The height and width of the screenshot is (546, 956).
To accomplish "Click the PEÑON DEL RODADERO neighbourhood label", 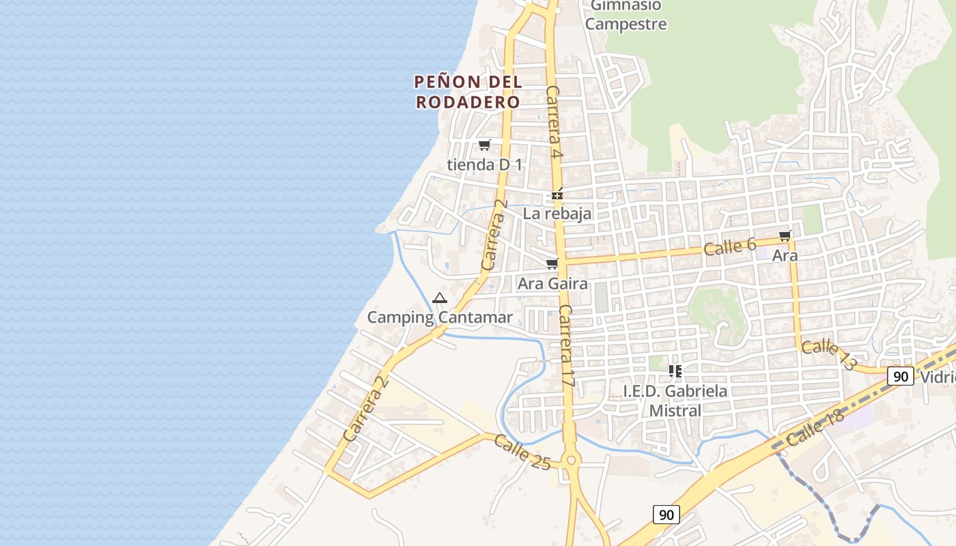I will tap(468, 92).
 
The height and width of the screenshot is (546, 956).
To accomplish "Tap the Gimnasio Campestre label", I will tap(626, 15).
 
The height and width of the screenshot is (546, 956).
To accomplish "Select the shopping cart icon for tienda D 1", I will tap(484, 145).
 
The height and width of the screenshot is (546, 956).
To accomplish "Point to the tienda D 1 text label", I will tap(484, 164).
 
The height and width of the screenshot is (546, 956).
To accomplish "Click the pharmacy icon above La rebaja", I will tap(557, 195).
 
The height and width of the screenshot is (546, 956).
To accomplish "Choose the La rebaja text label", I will tap(557, 214).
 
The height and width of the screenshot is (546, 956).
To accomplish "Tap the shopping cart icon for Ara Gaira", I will tap(552, 263).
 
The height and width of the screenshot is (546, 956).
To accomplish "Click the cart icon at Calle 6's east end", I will tap(785, 236).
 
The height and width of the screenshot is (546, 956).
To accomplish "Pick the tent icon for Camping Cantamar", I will tap(439, 298).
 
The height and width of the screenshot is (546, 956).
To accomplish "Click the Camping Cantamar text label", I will tap(440, 317).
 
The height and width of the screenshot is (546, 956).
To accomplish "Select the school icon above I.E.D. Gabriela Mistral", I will tap(675, 371).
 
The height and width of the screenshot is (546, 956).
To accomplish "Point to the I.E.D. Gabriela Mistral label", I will tap(675, 401).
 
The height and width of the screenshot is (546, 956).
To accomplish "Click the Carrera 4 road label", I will tap(554, 123).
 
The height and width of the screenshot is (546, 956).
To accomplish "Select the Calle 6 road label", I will tap(729, 246).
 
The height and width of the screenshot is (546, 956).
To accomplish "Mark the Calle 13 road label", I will tap(828, 355).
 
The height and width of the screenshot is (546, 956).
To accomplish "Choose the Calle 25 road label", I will tap(522, 452).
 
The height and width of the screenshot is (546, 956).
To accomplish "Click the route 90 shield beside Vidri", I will tap(901, 376).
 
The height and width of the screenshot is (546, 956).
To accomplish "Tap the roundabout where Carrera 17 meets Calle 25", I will tap(572, 461).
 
